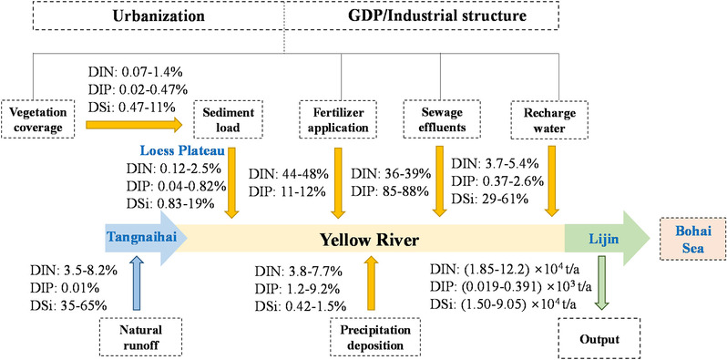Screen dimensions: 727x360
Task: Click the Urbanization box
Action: tap(159, 16)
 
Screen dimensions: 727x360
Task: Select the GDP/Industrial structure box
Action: tap(436, 16)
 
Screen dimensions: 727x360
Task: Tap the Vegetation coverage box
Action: tap(38, 119)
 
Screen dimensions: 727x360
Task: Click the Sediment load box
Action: tap(229, 119)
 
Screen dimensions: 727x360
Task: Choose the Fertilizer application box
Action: tap(338, 119)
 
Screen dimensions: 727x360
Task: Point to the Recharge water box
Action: tap(551, 119)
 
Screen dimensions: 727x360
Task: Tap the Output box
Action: tap(599, 339)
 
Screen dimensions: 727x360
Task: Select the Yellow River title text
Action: tap(370, 240)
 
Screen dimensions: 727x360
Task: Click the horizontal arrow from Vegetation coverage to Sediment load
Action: tap(134, 124)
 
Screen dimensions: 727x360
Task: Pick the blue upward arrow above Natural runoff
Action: tap(138, 283)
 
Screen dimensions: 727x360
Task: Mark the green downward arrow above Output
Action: tap(601, 283)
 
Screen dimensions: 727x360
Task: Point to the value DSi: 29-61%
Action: tap(489, 200)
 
